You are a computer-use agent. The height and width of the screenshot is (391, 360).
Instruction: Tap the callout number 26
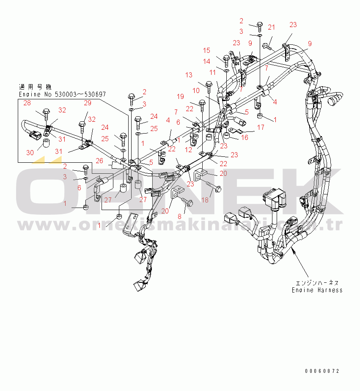(99, 160)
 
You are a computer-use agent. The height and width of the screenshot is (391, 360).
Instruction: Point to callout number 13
(188, 75)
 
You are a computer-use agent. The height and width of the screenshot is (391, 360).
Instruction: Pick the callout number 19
(180, 96)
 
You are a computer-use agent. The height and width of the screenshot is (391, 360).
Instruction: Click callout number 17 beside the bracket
(261, 127)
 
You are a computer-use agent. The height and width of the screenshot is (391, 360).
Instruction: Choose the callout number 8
(179, 216)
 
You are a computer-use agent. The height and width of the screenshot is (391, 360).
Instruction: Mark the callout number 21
(271, 27)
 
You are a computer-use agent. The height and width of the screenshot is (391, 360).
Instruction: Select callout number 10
(196, 90)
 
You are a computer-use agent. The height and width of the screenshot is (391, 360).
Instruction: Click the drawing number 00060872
(322, 371)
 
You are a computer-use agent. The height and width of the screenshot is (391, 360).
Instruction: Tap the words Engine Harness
(317, 290)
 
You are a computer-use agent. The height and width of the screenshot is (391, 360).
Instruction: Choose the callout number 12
(188, 149)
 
